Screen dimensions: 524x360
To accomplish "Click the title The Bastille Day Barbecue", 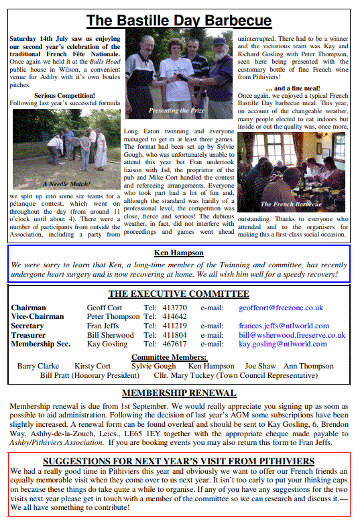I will coord(179,21).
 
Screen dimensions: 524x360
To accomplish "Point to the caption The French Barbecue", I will coord(290,204).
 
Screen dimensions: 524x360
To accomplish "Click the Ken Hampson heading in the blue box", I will coord(179,253).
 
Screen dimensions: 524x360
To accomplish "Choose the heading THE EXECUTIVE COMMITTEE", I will coord(178,293).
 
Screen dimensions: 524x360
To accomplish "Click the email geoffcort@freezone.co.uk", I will coord(281,308).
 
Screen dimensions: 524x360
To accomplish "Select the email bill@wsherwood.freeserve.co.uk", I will coord(292,335).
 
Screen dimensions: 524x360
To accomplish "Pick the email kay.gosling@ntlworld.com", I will coord(283,344).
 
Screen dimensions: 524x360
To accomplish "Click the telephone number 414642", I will coord(175,317).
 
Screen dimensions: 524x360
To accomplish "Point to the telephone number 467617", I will coord(175,344).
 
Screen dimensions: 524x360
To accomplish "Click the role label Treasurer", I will coord(29,335).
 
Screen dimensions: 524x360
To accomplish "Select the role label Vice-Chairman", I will coord(38,317).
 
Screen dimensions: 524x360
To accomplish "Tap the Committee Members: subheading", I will coord(169,357).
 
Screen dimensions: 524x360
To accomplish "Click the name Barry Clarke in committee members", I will coord(38,366).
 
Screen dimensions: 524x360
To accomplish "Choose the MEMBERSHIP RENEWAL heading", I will coord(178,393).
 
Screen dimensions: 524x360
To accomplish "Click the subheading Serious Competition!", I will coord(64,95).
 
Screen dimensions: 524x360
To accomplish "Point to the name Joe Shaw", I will coord(260,366).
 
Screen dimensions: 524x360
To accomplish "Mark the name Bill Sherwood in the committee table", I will coord(111,335).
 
